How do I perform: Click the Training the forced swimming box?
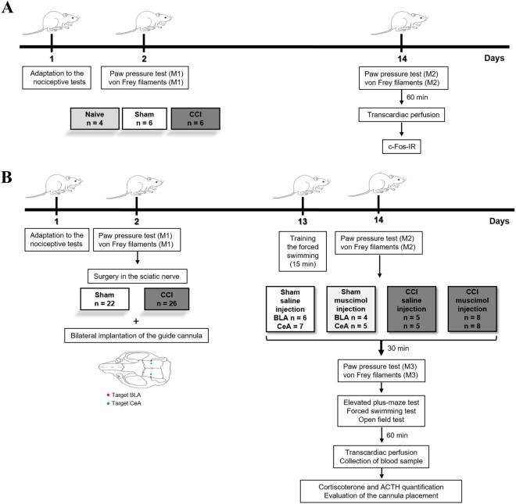302,243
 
